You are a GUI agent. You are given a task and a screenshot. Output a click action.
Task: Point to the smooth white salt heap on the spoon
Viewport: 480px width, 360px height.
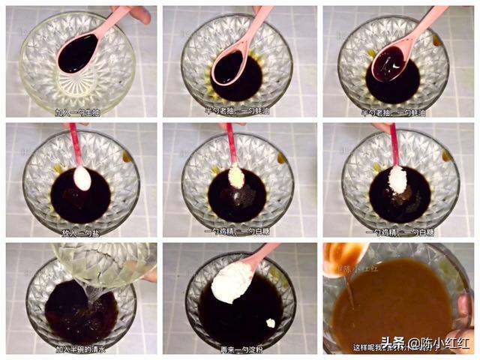click(81, 178)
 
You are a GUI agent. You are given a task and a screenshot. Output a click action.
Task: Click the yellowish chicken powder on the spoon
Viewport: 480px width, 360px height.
click(236, 177)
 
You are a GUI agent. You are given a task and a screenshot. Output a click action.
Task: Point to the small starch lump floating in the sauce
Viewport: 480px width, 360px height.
click(270, 322)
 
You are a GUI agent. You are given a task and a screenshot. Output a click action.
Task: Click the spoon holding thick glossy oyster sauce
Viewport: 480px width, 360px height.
click(388, 61)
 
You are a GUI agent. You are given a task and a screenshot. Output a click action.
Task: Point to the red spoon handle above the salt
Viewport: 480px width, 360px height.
click(75, 142)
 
